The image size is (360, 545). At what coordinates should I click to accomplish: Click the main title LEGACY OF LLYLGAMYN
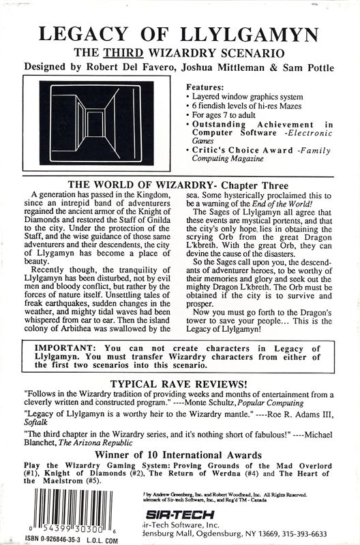(180, 31)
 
